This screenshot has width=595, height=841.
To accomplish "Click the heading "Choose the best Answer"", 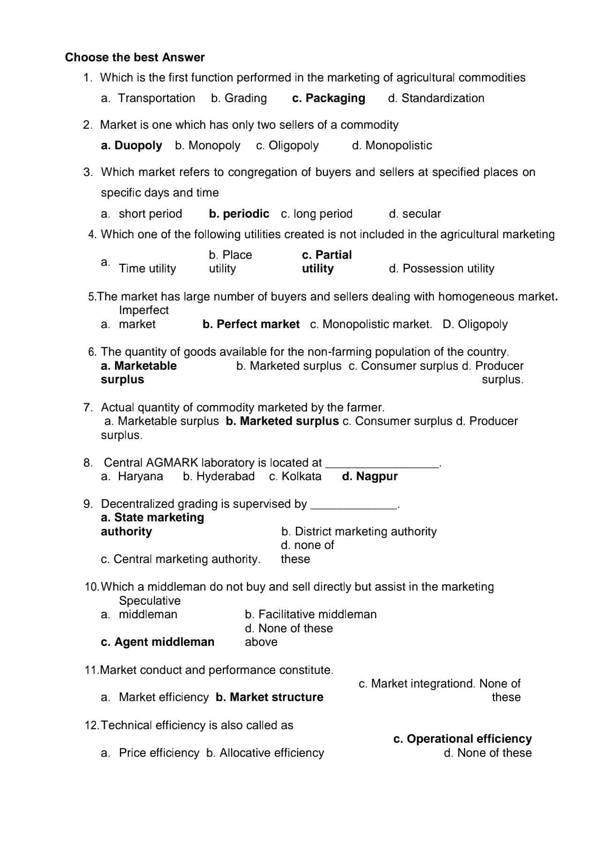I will [x=135, y=58].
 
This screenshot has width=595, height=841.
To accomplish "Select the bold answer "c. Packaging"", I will [x=328, y=98].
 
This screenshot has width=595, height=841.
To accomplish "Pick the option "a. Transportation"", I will [x=148, y=98].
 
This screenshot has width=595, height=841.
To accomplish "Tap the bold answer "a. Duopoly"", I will [x=132, y=146].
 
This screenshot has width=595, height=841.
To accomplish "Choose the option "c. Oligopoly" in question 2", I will [x=287, y=146].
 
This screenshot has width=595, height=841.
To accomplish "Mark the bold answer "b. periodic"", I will [x=239, y=214].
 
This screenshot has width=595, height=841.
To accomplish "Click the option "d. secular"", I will [x=415, y=214].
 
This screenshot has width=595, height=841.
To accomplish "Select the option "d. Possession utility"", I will [x=441, y=269].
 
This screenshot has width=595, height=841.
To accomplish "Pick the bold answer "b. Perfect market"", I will [x=251, y=324].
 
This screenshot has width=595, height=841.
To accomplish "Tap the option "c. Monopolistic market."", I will [x=371, y=324].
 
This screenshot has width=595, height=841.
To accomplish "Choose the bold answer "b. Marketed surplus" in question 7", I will [x=282, y=421].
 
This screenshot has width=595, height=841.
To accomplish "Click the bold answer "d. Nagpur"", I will [x=370, y=477].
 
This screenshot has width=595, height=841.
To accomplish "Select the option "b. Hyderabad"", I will [x=219, y=477].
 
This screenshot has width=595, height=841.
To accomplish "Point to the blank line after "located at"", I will [x=382, y=464].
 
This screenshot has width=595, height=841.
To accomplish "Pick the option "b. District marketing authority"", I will [x=359, y=532].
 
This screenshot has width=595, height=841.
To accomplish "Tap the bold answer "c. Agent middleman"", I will [x=157, y=642].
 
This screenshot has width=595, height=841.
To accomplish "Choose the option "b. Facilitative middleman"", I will [x=310, y=614].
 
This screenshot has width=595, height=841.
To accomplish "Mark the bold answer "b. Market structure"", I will [x=269, y=697].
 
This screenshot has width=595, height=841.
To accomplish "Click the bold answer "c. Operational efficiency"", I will [x=462, y=739].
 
